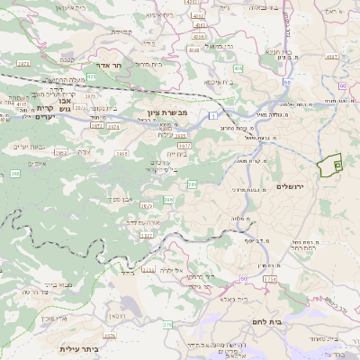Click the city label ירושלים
click(x=292, y=186)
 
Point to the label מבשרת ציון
click(x=166, y=114)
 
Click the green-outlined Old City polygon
click(x=330, y=166)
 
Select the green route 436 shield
click(x=239, y=68)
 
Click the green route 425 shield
click(x=92, y=77)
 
